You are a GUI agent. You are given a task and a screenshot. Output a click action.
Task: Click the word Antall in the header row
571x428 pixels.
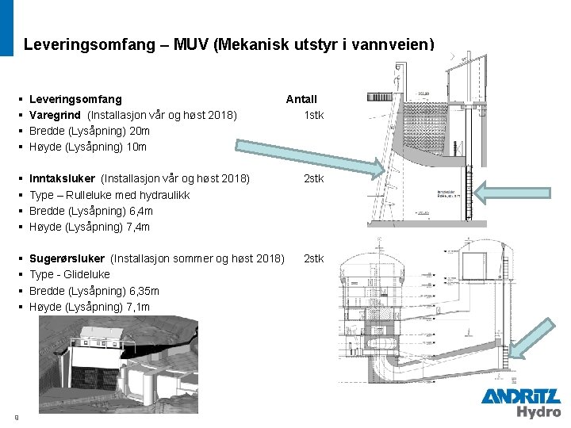[301, 99]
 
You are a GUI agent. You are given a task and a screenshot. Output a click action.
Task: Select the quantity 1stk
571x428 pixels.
[314, 115]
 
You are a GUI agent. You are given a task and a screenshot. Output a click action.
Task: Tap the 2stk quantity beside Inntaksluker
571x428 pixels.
[314, 178]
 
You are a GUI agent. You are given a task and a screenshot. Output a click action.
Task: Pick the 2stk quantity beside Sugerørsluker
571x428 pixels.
[314, 258]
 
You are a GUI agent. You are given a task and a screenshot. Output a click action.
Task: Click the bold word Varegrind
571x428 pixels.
[55, 115]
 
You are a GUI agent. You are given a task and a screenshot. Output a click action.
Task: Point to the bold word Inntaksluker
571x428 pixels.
[62, 178]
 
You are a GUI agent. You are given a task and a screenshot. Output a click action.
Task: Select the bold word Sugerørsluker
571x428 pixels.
[67, 258]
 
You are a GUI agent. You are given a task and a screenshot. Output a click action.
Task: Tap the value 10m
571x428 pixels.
[136, 147]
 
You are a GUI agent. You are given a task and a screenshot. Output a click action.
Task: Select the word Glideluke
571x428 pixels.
[87, 275]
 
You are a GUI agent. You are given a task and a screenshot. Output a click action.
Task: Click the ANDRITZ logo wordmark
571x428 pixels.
[520, 396]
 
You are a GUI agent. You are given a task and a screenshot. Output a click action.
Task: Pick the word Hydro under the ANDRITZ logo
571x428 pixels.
[538, 411]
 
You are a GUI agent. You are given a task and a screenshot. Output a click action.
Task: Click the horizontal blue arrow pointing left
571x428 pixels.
[500, 189]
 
